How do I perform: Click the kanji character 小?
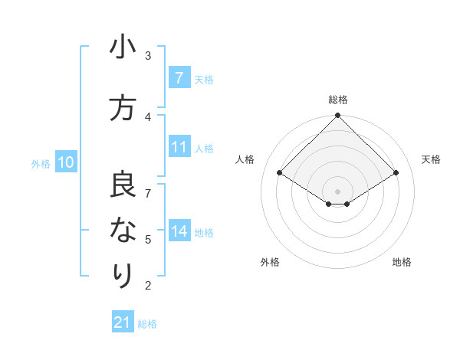click(123, 47)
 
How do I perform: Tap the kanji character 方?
click(123, 108)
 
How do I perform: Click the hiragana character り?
click(123, 273)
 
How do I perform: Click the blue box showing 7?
click(179, 77)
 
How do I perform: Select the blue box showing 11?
click(179, 147)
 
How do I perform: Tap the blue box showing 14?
click(179, 231)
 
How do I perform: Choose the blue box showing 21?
click(123, 322)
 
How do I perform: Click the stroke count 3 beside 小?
click(148, 56)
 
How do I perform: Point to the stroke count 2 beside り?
click(148, 286)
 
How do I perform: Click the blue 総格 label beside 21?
click(147, 324)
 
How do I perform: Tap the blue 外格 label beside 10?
click(41, 163)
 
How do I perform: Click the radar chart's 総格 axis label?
click(337, 100)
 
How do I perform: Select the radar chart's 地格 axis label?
click(402, 262)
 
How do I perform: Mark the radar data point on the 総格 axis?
click(337, 116)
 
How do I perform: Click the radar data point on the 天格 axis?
click(396, 173)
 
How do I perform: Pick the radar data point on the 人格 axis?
click(279, 173)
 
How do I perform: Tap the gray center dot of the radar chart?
click(337, 190)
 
